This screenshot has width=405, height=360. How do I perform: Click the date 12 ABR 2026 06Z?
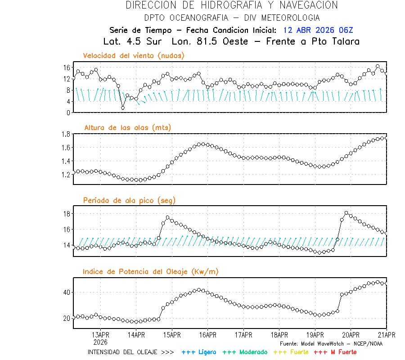[x=318, y=31]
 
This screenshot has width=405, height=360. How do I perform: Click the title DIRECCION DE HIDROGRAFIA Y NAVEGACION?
[x=232, y=5]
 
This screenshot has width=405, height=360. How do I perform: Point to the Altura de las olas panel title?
[x=127, y=128]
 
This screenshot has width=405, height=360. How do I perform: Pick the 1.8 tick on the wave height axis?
[x=66, y=134]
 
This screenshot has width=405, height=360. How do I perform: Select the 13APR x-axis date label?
[x=100, y=335]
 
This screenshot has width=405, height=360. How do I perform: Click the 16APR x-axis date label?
[x=207, y=335]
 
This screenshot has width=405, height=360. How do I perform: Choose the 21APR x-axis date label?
[x=386, y=335]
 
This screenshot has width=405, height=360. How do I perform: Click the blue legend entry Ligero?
[x=199, y=352]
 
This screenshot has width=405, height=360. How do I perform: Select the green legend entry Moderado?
[x=245, y=352]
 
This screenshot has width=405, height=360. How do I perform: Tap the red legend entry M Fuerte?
[x=335, y=352]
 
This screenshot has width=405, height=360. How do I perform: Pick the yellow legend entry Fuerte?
[x=291, y=352]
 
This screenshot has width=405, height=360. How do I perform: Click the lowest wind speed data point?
[x=123, y=108]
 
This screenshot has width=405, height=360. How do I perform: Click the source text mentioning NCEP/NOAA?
[x=331, y=344]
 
